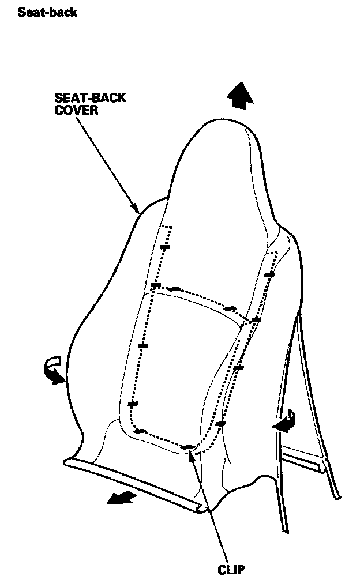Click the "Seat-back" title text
(x=47, y=12)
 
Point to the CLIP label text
(x=231, y=570)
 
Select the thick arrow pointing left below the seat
(x=122, y=498)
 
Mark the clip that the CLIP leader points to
(x=187, y=447)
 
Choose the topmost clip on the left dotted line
(x=166, y=247)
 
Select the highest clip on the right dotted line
(x=269, y=275)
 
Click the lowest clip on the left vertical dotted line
(x=133, y=404)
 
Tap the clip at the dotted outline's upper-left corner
(x=155, y=285)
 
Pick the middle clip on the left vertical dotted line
(x=144, y=345)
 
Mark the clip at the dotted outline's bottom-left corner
(x=139, y=431)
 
